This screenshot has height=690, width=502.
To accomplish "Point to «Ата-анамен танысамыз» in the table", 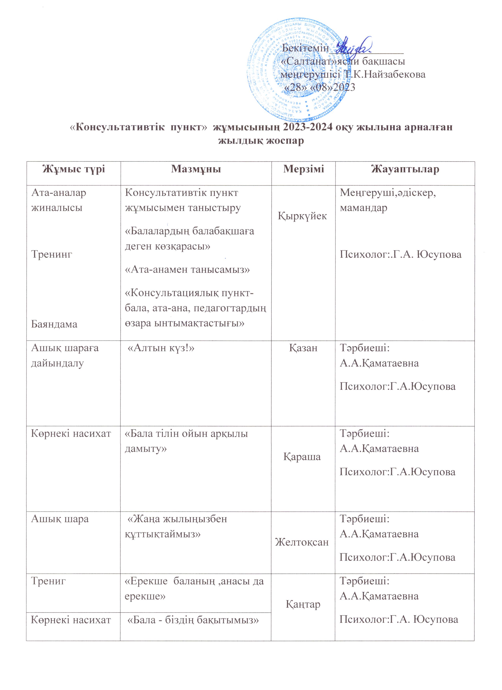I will coord(187,270).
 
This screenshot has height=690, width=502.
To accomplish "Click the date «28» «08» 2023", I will coord(320,87).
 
